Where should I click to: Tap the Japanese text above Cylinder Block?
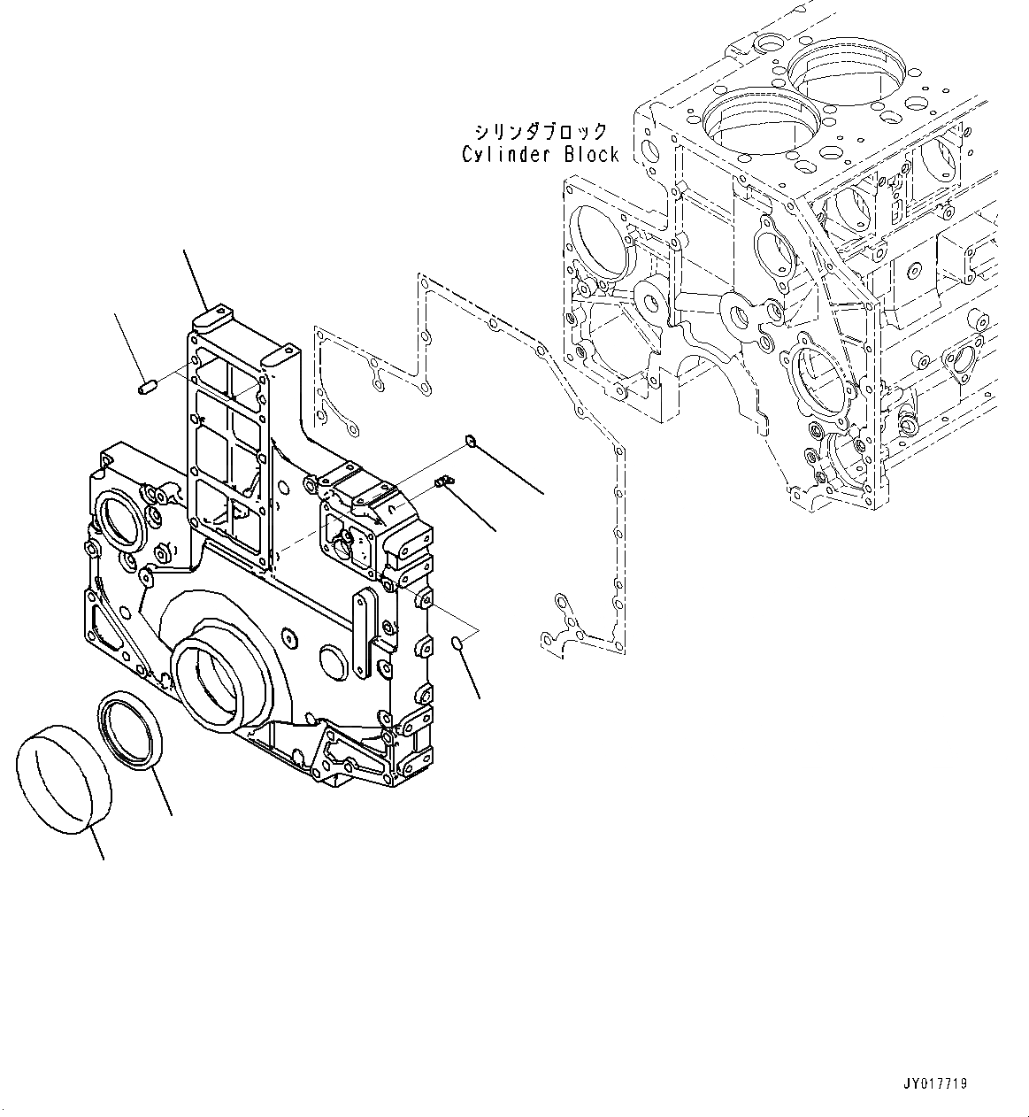[541, 131]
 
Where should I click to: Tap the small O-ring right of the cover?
[457, 643]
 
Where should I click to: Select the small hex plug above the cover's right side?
[472, 440]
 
